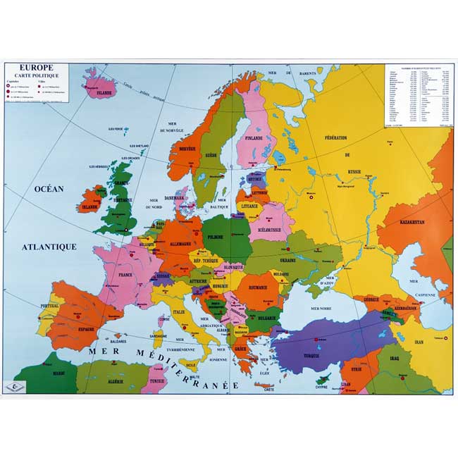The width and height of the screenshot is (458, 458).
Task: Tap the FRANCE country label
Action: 126,276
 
